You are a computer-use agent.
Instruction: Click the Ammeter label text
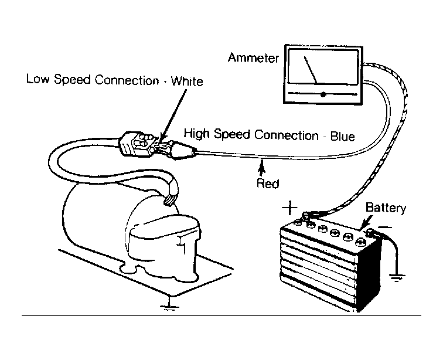[x=253, y=57]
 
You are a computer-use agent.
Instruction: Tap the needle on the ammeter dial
[x=310, y=70]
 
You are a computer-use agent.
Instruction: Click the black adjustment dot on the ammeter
[x=323, y=94]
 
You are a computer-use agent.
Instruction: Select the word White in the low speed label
[x=187, y=81]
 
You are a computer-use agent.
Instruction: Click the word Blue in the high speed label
[x=343, y=136]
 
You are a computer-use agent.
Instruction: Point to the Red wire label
[x=268, y=184]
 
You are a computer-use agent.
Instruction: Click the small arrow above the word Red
[x=262, y=168]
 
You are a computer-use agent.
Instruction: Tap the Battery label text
[x=386, y=208]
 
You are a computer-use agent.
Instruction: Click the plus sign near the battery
[x=289, y=208]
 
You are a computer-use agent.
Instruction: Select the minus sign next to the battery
[x=385, y=227]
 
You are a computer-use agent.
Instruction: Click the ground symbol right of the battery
[x=397, y=277]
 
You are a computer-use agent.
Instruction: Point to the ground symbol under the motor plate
[x=169, y=307]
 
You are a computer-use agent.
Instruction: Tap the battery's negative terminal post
[x=370, y=233]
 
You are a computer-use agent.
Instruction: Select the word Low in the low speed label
[x=38, y=79]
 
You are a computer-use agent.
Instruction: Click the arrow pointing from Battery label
[x=366, y=222]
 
